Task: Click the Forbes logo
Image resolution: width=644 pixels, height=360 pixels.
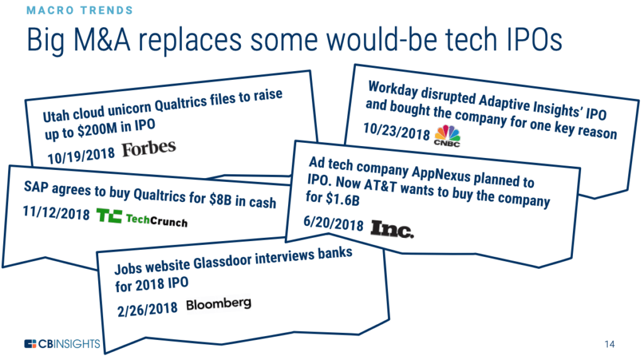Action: point(148,149)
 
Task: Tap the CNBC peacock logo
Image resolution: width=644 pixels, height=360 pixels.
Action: point(447,136)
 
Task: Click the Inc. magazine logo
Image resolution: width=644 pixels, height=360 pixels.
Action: point(392,229)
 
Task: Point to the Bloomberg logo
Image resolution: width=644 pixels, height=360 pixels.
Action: point(218,304)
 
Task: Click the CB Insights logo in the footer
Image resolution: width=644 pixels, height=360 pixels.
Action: point(62,344)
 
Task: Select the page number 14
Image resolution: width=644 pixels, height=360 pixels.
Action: point(609,344)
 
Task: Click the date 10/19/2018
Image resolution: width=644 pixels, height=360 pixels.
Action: point(81,155)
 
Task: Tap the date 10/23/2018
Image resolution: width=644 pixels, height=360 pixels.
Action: point(396,131)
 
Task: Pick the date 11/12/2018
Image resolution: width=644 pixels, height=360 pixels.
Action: point(56,213)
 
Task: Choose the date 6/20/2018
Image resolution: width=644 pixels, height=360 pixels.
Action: point(333,223)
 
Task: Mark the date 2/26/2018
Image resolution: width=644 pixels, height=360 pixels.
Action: point(147,309)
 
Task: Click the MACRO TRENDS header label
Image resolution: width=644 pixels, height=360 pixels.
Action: point(80,10)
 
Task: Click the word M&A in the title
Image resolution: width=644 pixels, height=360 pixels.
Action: point(102,40)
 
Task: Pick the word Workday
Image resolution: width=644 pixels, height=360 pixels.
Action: point(393,89)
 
